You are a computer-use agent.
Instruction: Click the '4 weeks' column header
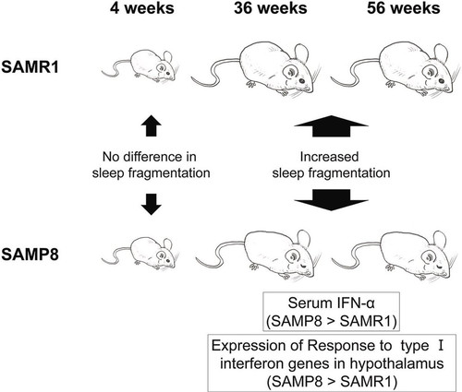tap(142, 8)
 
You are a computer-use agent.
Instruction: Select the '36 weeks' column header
tap(270, 8)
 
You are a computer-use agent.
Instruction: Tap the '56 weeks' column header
tap(404, 8)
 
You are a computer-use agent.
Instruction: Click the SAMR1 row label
tap(30, 67)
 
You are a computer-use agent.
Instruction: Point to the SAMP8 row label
tap(30, 255)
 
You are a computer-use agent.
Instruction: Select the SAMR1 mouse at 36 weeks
tap(256, 70)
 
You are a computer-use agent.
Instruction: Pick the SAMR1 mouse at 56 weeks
tap(395, 70)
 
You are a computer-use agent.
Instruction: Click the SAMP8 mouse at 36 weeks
tap(258, 255)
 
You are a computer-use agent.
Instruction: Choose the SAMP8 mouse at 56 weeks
tap(395, 255)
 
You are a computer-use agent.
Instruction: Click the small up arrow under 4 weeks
tap(151, 126)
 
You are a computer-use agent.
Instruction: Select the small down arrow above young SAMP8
tap(151, 204)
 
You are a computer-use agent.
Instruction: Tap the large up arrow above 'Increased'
tap(331, 126)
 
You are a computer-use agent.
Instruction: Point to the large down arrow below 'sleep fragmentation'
tap(331, 200)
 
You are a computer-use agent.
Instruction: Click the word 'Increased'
tap(329, 157)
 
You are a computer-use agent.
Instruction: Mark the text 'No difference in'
tap(150, 157)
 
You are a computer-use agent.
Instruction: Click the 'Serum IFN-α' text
tap(332, 303)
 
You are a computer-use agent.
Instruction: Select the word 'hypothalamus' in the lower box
tap(396, 364)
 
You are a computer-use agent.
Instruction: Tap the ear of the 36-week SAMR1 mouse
tap(301, 53)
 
